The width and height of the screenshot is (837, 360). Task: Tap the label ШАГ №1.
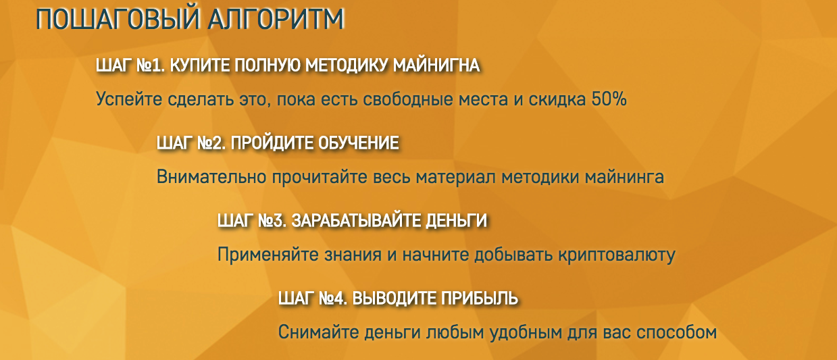pyautogui.click(x=130, y=66)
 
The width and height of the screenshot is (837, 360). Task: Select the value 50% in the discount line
pyautogui.click(x=609, y=100)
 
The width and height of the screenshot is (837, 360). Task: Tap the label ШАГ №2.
pyautogui.click(x=191, y=143)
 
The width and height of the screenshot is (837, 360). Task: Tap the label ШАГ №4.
pyautogui.click(x=313, y=299)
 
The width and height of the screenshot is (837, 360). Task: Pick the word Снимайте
pyautogui.click(x=318, y=333)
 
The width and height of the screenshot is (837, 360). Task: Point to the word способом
pyautogui.click(x=669, y=333)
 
